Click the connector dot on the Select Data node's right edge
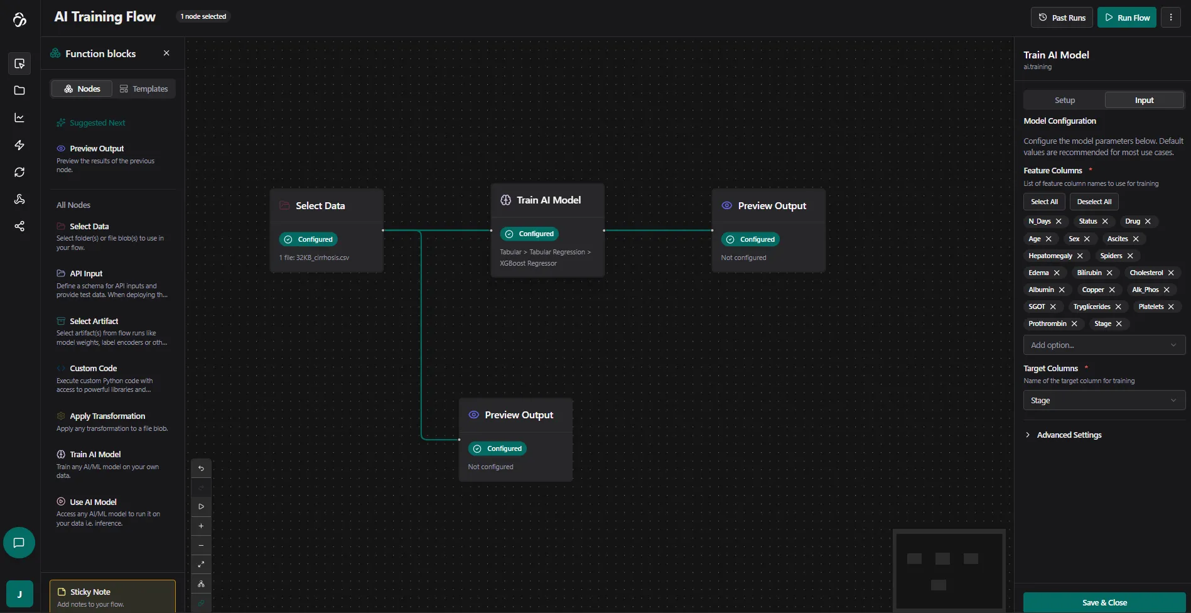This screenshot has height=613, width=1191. (383, 231)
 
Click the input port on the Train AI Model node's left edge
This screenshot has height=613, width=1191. (491, 231)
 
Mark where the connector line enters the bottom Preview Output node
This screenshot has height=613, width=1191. (460, 440)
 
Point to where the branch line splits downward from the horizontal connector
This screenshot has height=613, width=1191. (421, 231)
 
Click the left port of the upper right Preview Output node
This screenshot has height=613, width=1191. (712, 231)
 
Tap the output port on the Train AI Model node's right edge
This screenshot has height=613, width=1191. (604, 231)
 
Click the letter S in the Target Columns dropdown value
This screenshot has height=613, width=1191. (1033, 401)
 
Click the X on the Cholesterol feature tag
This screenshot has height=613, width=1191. (1171, 273)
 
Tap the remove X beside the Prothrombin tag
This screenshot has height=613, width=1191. (1074, 324)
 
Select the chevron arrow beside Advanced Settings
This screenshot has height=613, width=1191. (1028, 435)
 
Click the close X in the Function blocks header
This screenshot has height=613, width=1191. (166, 53)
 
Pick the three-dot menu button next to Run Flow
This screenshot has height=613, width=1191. (1171, 18)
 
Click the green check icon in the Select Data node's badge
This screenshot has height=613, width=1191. (288, 239)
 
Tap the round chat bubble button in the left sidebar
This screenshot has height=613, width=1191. (19, 543)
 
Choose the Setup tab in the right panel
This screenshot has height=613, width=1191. (1065, 100)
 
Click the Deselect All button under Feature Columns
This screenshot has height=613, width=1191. (1094, 202)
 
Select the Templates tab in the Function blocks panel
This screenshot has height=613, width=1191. (144, 89)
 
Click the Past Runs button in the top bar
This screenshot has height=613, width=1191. (1062, 18)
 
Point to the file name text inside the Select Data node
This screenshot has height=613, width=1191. (314, 258)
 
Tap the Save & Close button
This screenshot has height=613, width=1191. (1104, 602)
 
